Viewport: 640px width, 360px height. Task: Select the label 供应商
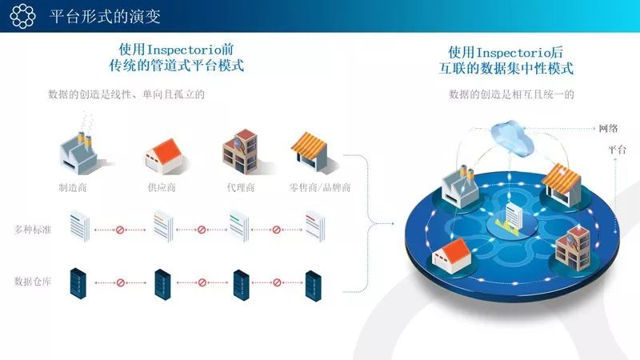click(x=162, y=188)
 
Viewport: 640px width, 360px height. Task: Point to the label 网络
click(x=608, y=128)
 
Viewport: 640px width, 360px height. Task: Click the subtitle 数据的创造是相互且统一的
click(x=512, y=95)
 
